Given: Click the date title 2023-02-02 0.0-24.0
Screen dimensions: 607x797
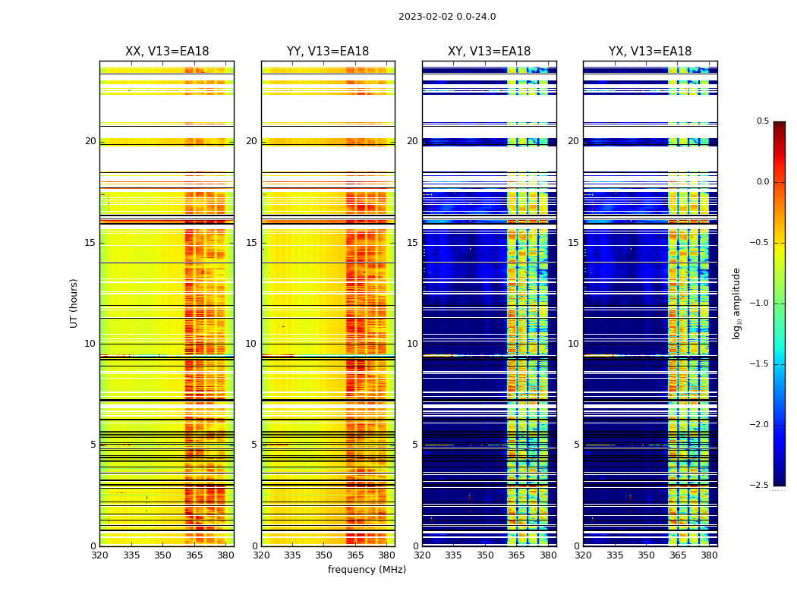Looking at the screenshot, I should [x=447, y=17].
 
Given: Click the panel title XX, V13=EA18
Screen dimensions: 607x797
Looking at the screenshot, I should [x=167, y=52].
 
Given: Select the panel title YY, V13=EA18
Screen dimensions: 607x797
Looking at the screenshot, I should [x=328, y=52].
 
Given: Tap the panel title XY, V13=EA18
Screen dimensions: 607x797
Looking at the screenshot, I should [x=489, y=52].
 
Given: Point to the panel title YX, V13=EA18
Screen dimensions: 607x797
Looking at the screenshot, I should [x=650, y=52].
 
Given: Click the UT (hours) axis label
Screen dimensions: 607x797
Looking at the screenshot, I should [x=74, y=303].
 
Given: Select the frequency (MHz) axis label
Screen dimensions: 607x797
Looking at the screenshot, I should [x=367, y=570].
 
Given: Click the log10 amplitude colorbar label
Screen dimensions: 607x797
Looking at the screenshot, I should [x=736, y=303].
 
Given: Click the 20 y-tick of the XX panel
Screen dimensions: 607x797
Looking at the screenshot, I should [x=90, y=141].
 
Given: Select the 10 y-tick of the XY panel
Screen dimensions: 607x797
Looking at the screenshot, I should [x=412, y=344].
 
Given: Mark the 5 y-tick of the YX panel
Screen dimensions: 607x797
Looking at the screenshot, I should [x=576, y=445].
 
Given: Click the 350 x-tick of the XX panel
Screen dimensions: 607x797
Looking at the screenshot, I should [x=162, y=555].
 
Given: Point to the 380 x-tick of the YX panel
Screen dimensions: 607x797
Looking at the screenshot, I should [x=709, y=555].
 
